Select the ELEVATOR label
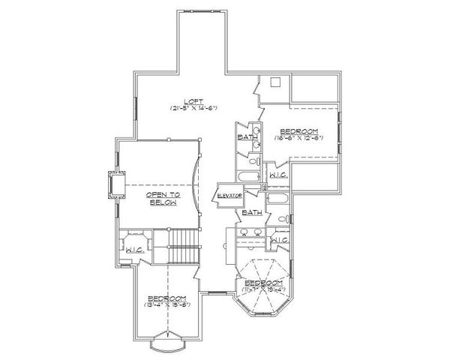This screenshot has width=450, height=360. (228, 196)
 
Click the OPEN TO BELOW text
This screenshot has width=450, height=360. (160, 198)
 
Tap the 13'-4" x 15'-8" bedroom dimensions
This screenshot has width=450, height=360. (169, 304)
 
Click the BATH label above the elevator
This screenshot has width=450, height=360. (247, 137)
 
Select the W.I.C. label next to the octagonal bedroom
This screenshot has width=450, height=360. (279, 240)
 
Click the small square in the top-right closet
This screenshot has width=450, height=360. (275, 82)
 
